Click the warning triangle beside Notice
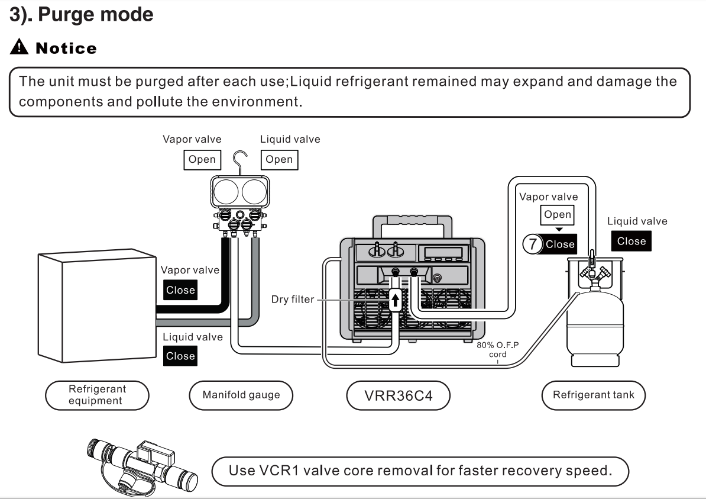click(x=16, y=48)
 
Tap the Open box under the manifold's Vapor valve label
click(x=202, y=159)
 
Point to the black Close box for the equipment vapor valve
click(x=180, y=291)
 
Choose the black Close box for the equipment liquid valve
click(x=180, y=356)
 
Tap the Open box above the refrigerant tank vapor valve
click(x=558, y=215)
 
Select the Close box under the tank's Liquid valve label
click(x=631, y=241)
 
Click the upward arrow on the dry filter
click(x=396, y=300)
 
